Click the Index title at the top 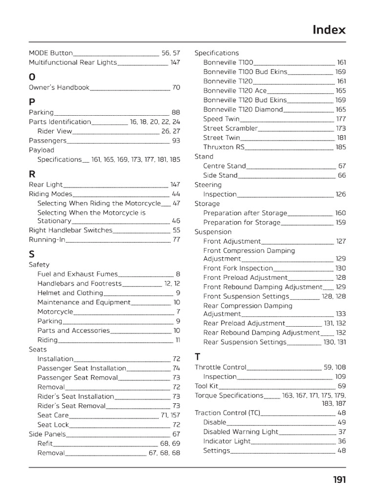click(x=329, y=30)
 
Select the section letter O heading click(x=32, y=77)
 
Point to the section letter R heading click(x=32, y=173)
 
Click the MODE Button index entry click(x=51, y=53)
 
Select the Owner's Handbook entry click(x=59, y=87)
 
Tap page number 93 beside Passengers click(x=176, y=141)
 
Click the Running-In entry click(x=47, y=240)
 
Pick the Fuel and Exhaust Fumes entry click(x=78, y=274)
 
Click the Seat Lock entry click(x=53, y=425)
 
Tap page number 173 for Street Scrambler click(x=341, y=128)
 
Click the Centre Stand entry click(x=225, y=166)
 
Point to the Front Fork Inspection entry click(x=238, y=268)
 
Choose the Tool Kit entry click(x=207, y=386)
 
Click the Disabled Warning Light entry click(x=241, y=432)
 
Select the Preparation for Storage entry click(x=242, y=222)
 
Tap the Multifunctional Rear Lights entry click(x=73, y=62)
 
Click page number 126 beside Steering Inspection click(x=340, y=194)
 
